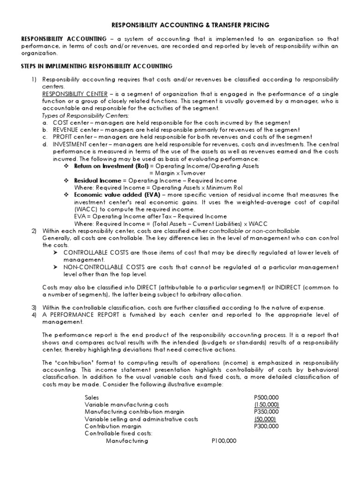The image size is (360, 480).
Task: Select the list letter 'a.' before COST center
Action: tap(45, 122)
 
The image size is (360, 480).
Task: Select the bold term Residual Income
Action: tap(97, 180)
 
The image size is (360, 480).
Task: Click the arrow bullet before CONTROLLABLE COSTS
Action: tap(57, 253)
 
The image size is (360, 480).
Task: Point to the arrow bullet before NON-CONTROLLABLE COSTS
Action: tap(57, 267)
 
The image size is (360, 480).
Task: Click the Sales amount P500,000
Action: tap(266, 397)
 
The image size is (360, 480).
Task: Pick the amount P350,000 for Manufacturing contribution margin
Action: tap(266, 412)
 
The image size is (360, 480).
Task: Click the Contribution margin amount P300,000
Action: tap(266, 426)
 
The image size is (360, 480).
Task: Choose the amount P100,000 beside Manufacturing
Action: tap(224, 441)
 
